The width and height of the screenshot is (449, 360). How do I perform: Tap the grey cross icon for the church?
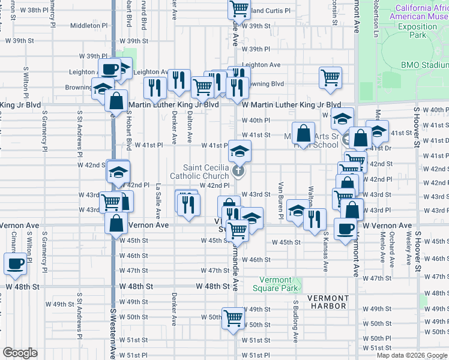point(238,172)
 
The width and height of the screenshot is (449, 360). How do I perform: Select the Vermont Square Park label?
point(279,284)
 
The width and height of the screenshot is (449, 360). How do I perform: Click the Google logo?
point(19,353)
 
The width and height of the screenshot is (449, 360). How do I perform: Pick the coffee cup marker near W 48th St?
point(15,263)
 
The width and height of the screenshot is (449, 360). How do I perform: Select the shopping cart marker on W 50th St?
point(233,318)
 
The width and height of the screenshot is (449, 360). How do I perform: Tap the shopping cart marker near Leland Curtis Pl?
point(239,10)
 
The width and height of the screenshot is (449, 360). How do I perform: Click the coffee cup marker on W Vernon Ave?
point(345,230)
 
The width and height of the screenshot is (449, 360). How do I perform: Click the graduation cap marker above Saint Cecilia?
point(240,151)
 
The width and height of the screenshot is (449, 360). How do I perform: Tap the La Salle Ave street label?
point(158,200)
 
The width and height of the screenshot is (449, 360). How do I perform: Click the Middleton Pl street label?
point(89,26)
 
